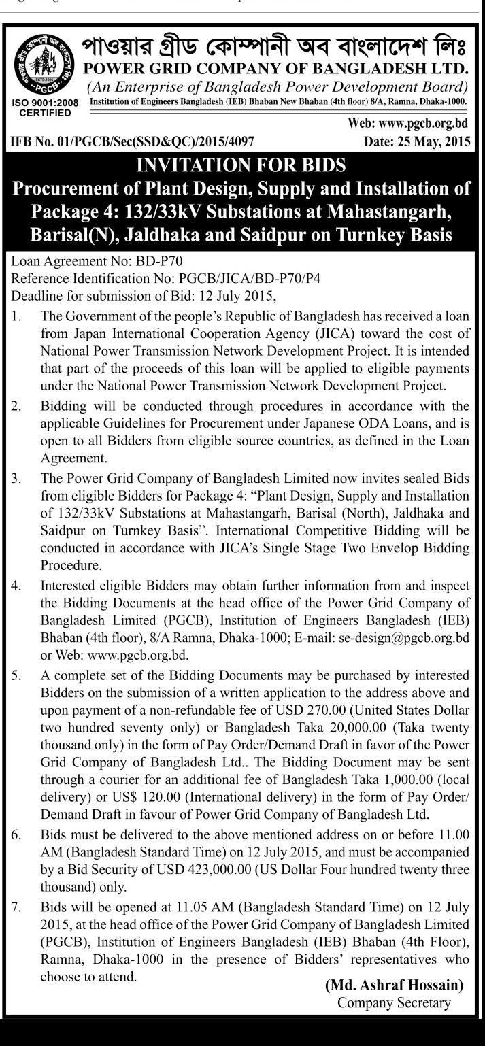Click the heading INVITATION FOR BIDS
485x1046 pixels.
tap(242, 165)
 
